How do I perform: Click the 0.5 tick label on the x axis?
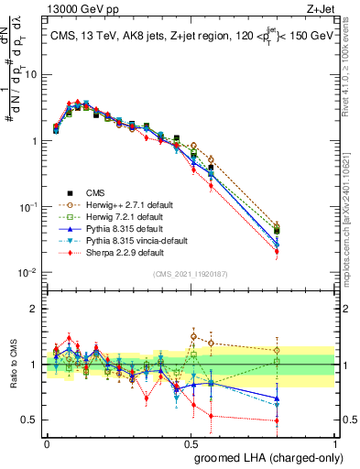pos(191,442)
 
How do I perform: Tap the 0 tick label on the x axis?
pos(47,442)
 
